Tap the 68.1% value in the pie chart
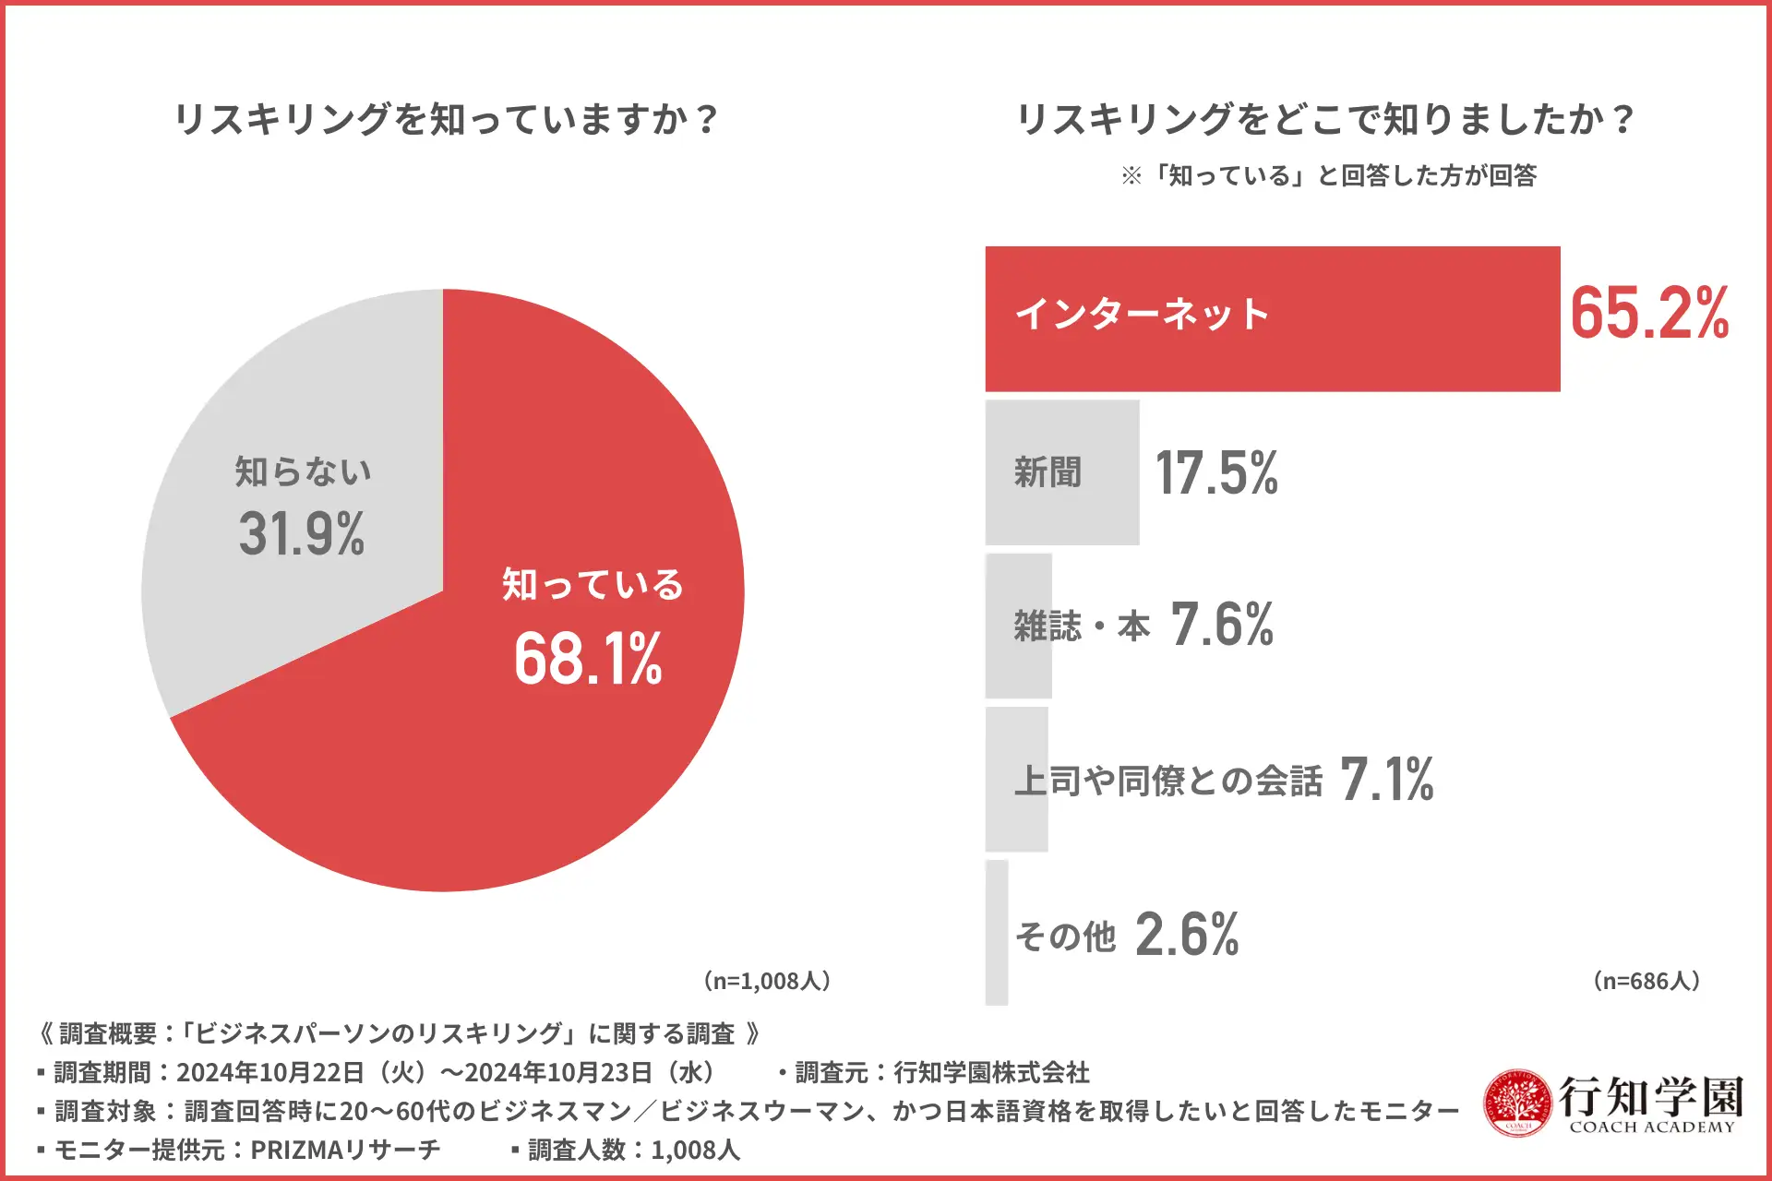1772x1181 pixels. point(588,659)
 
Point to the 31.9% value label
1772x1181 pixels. point(302,534)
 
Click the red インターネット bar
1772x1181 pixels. point(1384,318)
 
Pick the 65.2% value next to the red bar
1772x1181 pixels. point(1649,314)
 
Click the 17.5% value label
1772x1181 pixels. point(1216,473)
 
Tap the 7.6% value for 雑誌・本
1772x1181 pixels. point(1222,625)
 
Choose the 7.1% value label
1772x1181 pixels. point(1386,779)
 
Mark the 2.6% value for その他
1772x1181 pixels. point(1187,934)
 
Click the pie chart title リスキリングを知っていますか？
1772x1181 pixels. point(446,120)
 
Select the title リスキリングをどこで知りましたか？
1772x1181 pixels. point(1325,120)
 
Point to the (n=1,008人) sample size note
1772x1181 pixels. point(767,981)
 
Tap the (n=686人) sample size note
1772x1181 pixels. point(1647,981)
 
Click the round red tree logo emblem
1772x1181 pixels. point(1517,1103)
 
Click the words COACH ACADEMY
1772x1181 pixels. point(1652,1127)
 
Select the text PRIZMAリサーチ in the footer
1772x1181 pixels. point(346,1150)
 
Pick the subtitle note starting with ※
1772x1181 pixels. point(1329,175)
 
